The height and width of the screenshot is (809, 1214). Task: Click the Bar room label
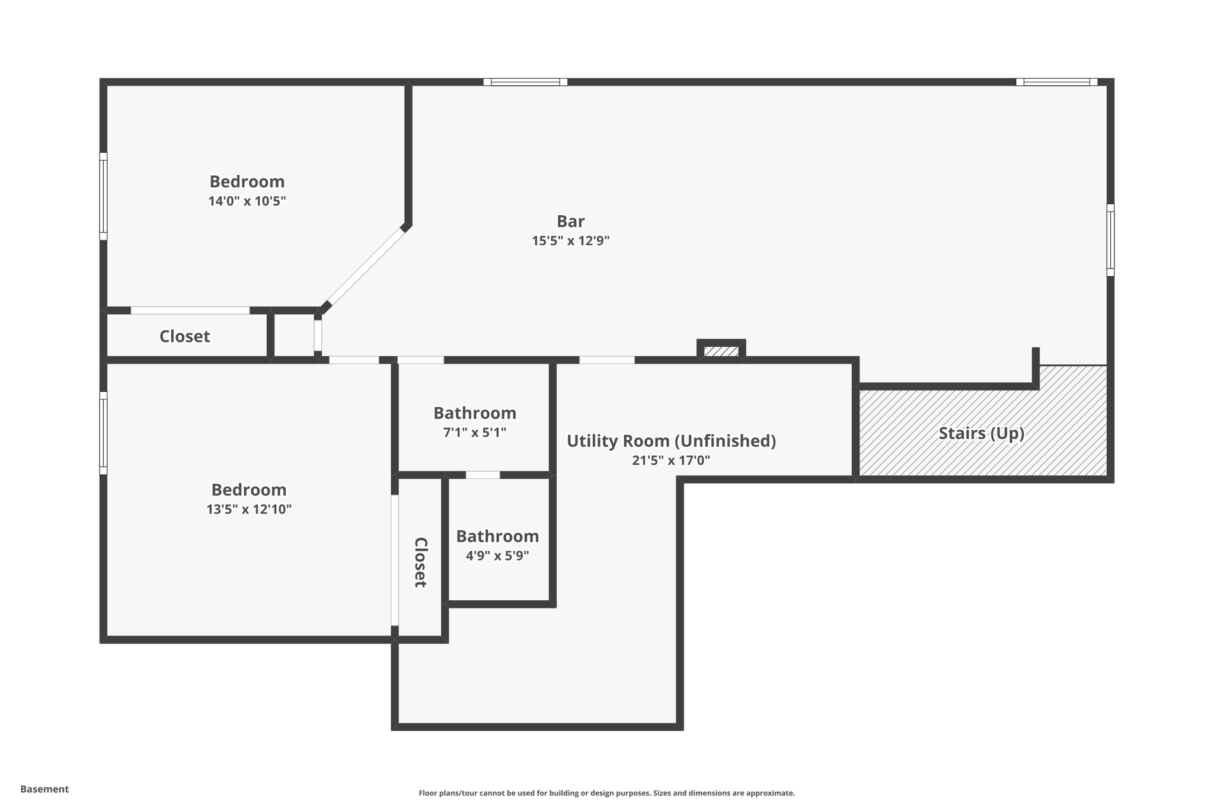coord(570,221)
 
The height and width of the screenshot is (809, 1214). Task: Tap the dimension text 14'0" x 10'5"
coord(247,201)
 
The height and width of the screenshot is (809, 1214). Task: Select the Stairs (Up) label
coord(981,433)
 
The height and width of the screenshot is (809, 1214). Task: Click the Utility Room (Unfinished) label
coord(671,441)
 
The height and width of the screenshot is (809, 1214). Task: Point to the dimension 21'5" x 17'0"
coord(670,461)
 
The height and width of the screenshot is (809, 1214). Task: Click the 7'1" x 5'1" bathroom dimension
coord(474,433)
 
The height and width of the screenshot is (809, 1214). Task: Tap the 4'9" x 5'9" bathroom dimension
coord(497,556)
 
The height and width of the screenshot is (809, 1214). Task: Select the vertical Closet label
coord(420,562)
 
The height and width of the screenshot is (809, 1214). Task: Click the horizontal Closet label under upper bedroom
coord(184,337)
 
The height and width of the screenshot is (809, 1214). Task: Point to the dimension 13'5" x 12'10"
coord(248,510)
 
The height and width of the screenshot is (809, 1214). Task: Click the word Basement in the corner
coord(44,789)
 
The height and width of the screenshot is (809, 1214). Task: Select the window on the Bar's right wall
coord(1110,240)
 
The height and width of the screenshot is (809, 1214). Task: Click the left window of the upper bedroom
coord(103,196)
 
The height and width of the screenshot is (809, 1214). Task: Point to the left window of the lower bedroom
coord(103,433)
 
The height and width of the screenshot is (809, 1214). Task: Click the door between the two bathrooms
coord(483,475)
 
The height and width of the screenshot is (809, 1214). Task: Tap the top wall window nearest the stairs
coord(1056,82)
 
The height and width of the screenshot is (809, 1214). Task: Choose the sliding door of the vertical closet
coord(395,560)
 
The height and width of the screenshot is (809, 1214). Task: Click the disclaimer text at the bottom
coord(606,793)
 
